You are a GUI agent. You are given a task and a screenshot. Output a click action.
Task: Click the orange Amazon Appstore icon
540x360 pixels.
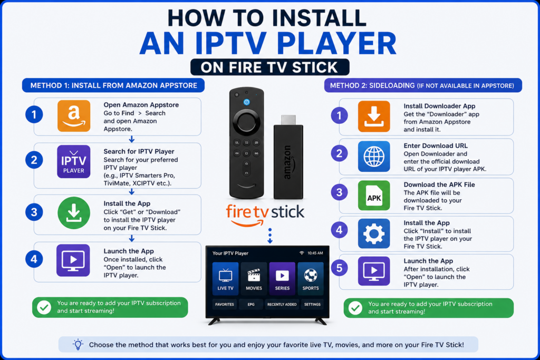[74, 116]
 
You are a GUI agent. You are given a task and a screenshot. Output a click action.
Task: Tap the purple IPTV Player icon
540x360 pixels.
[74, 161]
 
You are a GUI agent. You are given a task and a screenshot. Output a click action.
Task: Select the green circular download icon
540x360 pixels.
[74, 213]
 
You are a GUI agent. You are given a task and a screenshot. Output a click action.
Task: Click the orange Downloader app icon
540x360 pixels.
[374, 116]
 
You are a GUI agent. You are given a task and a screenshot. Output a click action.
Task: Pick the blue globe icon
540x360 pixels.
[374, 156]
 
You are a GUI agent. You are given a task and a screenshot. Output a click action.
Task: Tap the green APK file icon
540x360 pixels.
[374, 196]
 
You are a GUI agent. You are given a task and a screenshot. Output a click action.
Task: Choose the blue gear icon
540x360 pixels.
[374, 233]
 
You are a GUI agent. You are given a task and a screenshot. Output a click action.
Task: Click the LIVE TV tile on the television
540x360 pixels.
[225, 278]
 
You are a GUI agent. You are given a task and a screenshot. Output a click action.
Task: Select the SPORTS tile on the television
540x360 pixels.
[311, 278]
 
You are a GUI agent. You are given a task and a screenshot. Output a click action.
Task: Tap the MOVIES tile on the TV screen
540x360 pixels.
[254, 278]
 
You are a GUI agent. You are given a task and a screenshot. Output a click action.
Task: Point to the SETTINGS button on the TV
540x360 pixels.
[312, 304]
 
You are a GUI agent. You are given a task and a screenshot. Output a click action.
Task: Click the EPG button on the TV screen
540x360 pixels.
[251, 304]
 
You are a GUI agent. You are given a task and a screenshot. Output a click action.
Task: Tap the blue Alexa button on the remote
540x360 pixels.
[247, 102]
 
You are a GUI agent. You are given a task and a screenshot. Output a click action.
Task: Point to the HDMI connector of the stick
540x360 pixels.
[288, 120]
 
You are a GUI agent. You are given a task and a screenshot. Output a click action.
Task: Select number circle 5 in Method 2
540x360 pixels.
[339, 268]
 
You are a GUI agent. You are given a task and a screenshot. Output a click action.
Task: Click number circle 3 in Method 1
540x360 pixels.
[34, 212]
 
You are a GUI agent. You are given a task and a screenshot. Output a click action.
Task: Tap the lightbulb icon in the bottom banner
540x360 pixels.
[78, 345]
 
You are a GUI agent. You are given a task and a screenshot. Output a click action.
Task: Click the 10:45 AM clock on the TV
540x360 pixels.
[315, 253]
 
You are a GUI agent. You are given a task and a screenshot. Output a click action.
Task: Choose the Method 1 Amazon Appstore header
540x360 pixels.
[113, 85]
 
